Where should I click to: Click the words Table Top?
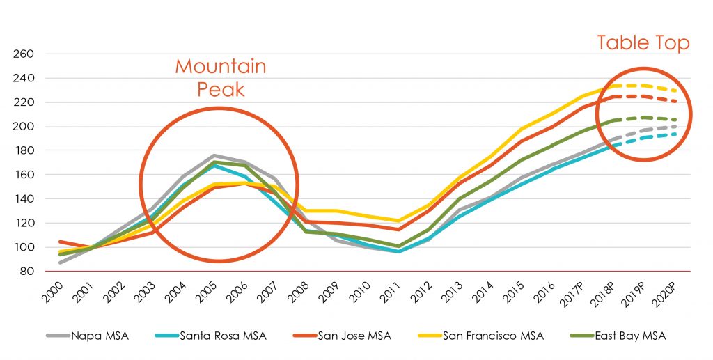(x=643, y=43)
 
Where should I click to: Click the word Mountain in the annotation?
(x=220, y=67)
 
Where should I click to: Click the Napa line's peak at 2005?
(x=214, y=155)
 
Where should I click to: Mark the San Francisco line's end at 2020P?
(x=674, y=91)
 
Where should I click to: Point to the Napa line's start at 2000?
(x=61, y=263)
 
